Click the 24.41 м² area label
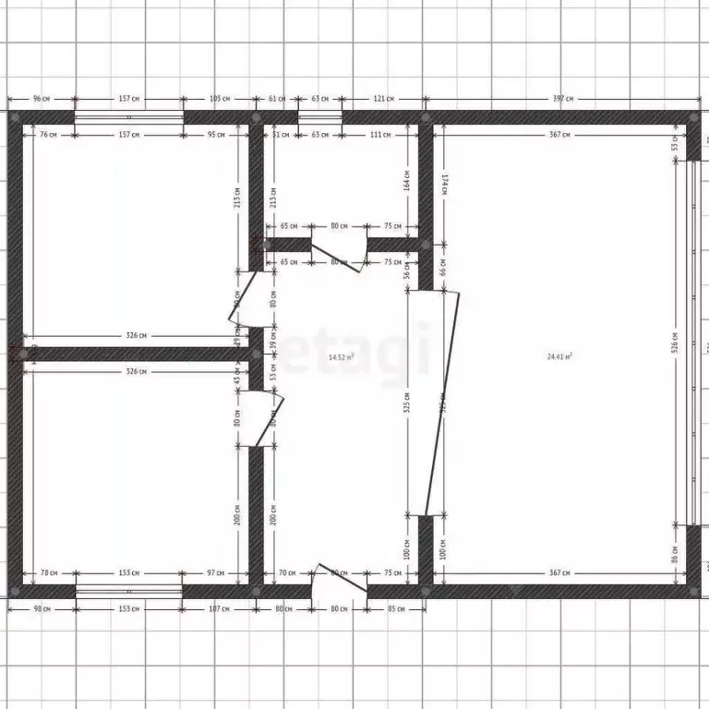click(x=559, y=355)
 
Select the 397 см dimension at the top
click(x=563, y=98)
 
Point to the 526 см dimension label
click(x=675, y=343)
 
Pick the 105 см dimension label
click(x=219, y=98)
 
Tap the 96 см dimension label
click(x=41, y=98)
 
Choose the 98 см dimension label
click(x=41, y=608)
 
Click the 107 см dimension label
click(x=219, y=608)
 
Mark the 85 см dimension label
click(x=397, y=608)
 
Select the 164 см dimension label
click(x=406, y=178)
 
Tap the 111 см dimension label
click(x=379, y=135)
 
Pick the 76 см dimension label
click(x=49, y=135)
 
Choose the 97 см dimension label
click(x=215, y=573)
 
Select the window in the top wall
click(x=128, y=117)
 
